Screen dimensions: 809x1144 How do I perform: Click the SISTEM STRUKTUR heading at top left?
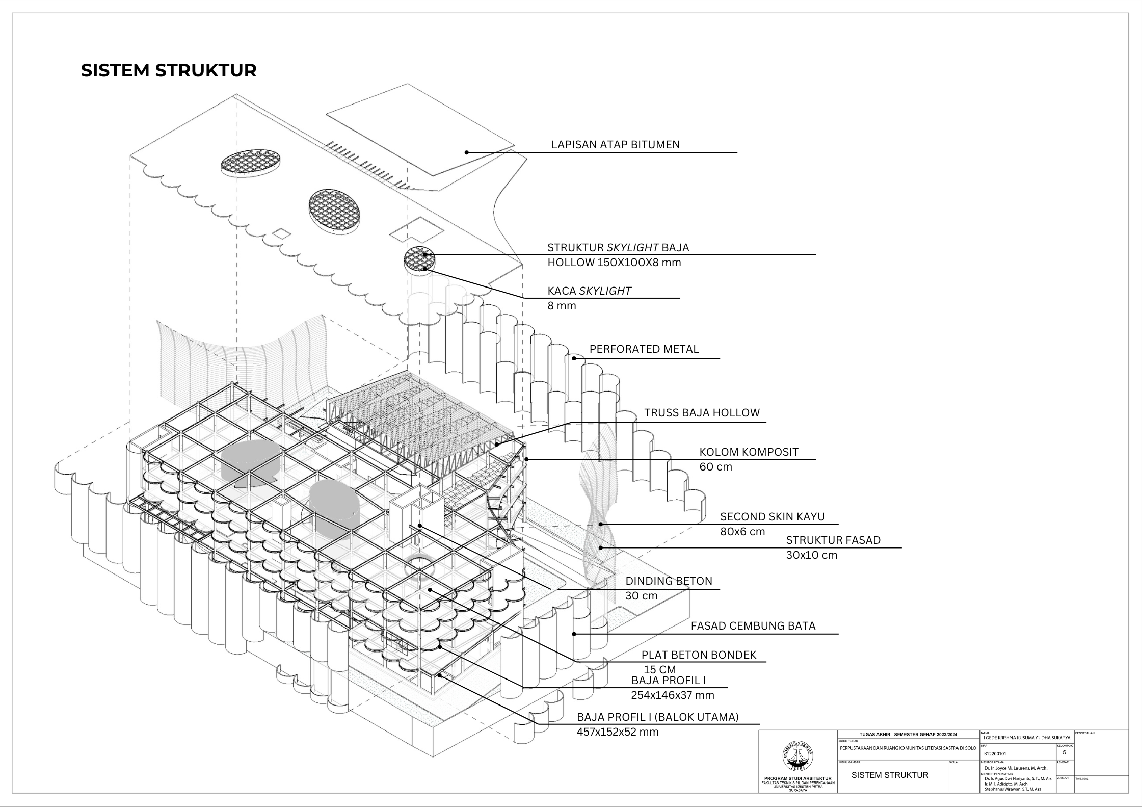[x=169, y=71]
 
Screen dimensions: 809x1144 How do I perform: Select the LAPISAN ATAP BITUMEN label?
[x=615, y=145]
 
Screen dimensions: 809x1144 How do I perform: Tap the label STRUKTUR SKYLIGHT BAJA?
[x=618, y=248]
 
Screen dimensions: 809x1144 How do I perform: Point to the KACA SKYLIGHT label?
[x=589, y=291]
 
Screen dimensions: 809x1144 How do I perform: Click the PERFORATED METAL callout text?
[x=644, y=349]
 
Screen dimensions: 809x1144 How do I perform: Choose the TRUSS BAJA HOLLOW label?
[x=701, y=413]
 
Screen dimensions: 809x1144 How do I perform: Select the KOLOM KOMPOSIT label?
[x=748, y=452]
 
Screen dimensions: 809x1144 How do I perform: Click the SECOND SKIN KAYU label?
[x=771, y=516]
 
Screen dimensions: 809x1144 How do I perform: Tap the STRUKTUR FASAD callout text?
[x=833, y=540]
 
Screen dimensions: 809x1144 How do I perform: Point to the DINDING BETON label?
[x=668, y=581]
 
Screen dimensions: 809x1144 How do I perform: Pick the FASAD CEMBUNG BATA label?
[x=753, y=625]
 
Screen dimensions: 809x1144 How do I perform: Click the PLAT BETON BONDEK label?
[x=698, y=655]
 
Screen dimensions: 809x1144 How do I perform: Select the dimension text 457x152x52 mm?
[x=617, y=732]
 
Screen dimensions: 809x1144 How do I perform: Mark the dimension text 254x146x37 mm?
[x=672, y=695]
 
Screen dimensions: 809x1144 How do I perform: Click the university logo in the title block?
[x=797, y=758]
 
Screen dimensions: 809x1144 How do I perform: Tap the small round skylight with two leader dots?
[x=420, y=259]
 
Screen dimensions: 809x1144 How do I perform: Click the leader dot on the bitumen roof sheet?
[x=466, y=152]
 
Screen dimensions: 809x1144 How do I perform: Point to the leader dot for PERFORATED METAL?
[x=574, y=358]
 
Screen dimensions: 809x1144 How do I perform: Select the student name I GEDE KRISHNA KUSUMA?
[x=1027, y=737]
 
